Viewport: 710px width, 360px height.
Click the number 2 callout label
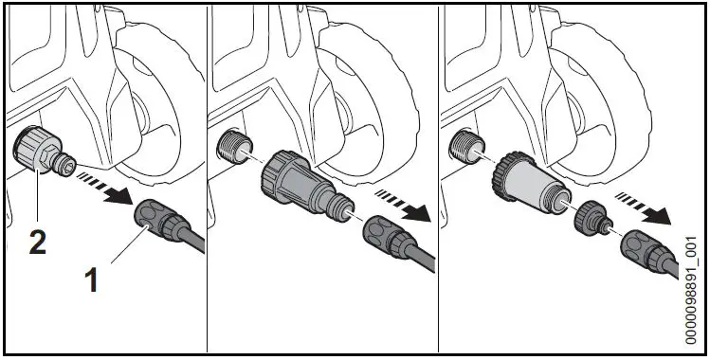pos(37,242)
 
